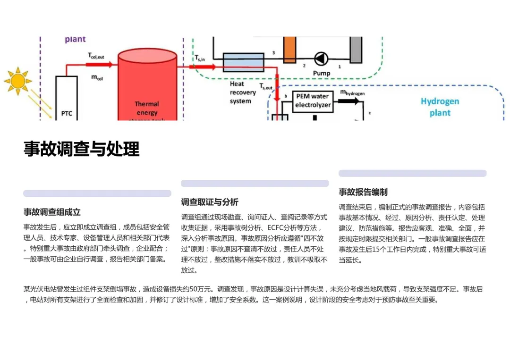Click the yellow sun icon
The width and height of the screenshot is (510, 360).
coord(18,81)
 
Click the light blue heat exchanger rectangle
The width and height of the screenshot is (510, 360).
coord(243,62)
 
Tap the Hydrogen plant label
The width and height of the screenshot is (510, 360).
coord(440,107)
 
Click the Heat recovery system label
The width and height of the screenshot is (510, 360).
coord(243,92)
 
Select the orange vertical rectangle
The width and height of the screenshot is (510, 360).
coord(289,49)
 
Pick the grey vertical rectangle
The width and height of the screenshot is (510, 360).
coord(356,49)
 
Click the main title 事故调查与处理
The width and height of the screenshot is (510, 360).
coord(82,149)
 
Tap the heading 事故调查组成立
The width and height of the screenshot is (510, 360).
coord(52,212)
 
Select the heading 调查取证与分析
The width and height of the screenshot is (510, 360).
coord(210,202)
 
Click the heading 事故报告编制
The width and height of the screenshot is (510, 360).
coord(363,192)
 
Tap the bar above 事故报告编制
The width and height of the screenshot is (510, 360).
coord(412,173)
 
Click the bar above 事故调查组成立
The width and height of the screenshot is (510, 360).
coord(97,193)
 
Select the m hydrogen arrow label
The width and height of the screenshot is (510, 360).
coord(352,93)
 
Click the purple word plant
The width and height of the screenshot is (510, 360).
coord(76,39)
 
